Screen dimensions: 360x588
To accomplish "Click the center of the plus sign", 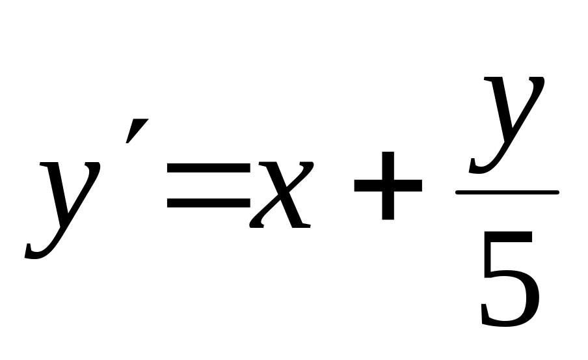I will point(388,185).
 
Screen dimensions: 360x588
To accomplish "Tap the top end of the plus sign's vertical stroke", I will point(388,154).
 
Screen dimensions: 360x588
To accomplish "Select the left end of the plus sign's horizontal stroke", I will point(356,185).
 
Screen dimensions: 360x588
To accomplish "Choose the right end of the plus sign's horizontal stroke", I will point(421,185).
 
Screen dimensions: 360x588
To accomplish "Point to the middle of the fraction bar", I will point(507,192).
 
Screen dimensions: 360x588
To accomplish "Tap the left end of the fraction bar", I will point(457,192).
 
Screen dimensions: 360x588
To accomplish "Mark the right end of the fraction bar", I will point(557,192).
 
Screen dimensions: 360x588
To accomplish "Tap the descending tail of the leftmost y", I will point(39,251).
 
